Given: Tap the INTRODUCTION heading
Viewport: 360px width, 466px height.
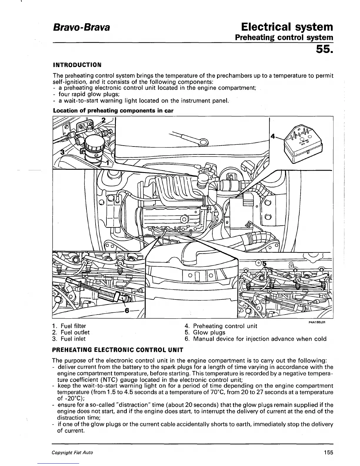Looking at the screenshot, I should pos(77,64).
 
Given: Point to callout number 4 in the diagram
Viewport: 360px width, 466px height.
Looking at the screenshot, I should pos(273,137).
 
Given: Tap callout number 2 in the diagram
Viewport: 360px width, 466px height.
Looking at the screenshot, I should pos(103,120).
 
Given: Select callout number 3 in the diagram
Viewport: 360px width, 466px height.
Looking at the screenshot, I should pos(62,152).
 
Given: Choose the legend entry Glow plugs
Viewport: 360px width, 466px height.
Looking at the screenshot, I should pos(209,332).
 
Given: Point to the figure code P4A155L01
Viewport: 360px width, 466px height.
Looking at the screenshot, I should pos(316,322).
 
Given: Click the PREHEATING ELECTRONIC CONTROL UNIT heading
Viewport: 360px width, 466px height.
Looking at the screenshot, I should pos(118,350).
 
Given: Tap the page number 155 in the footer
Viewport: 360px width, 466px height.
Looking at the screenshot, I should pos(327,452).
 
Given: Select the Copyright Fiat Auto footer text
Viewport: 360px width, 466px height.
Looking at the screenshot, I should pos(72,452).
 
